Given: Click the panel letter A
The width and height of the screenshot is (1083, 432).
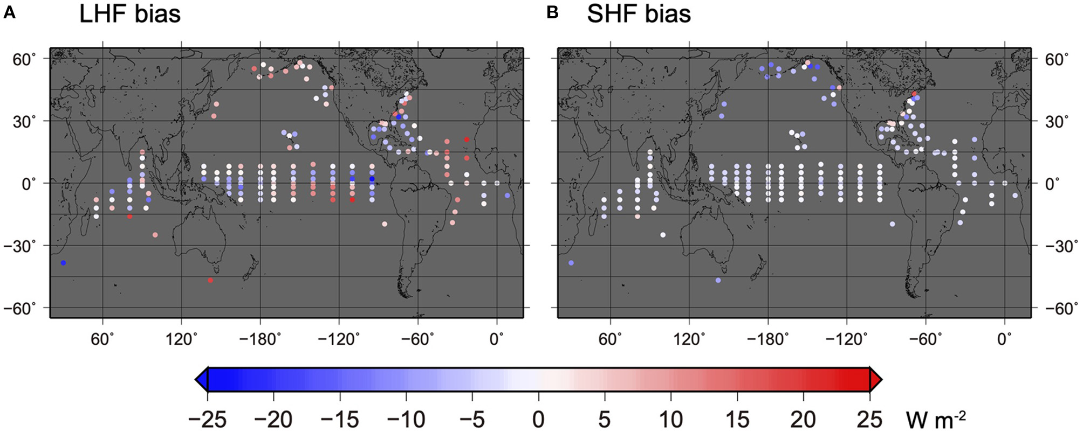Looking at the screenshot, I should (9, 13).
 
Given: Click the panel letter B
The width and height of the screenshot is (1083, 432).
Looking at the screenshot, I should (552, 13).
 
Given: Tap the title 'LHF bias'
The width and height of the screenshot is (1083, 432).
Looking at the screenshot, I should (129, 14).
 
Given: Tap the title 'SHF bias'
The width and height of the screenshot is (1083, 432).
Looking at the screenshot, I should (639, 14).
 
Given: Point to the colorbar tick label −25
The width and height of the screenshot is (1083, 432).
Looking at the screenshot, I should (207, 419).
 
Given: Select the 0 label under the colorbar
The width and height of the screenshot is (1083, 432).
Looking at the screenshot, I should (538, 419).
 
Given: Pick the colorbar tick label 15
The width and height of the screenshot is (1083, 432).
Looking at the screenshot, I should (737, 419).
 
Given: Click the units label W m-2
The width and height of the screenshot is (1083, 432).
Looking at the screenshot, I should (936, 419).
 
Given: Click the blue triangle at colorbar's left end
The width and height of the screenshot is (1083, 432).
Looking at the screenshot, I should (201, 380).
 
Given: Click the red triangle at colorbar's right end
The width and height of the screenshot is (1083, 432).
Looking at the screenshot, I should (876, 380).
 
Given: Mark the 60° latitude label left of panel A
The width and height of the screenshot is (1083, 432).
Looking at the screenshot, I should (24, 59).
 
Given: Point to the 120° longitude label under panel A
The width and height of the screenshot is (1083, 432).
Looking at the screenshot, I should (181, 339).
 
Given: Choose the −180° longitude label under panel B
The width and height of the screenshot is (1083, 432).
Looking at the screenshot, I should (767, 339).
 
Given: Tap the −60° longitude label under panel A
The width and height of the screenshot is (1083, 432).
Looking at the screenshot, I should (418, 339).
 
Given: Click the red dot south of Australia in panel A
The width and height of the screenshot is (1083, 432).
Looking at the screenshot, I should (210, 280).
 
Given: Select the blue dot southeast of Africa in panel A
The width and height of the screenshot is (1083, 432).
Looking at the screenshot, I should (63, 263).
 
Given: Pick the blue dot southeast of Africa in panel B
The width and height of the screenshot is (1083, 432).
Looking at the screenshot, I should (571, 263).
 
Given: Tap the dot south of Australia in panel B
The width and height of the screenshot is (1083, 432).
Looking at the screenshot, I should (718, 280).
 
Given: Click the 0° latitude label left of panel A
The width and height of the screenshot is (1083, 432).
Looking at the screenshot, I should (29, 184).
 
